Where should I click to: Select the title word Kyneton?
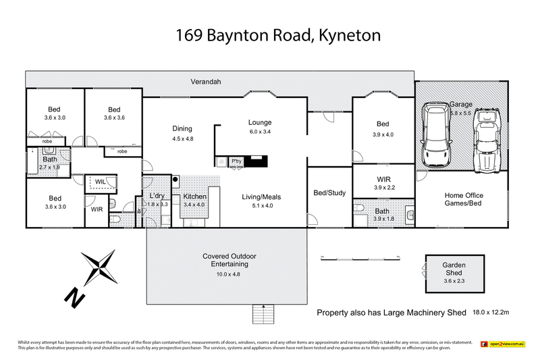[344, 36]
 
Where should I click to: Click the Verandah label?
[206, 82]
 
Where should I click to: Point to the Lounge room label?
[259, 122]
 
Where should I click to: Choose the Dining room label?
[182, 128]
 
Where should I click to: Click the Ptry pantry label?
[236, 161]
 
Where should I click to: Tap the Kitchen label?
[194, 197]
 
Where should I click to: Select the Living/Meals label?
[261, 197]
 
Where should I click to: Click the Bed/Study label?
[329, 193]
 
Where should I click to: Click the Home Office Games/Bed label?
[464, 200]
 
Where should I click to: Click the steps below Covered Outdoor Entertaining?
[261, 315]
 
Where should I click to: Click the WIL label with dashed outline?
[100, 182]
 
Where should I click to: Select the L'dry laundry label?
[157, 197]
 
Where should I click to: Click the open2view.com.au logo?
[504, 344]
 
